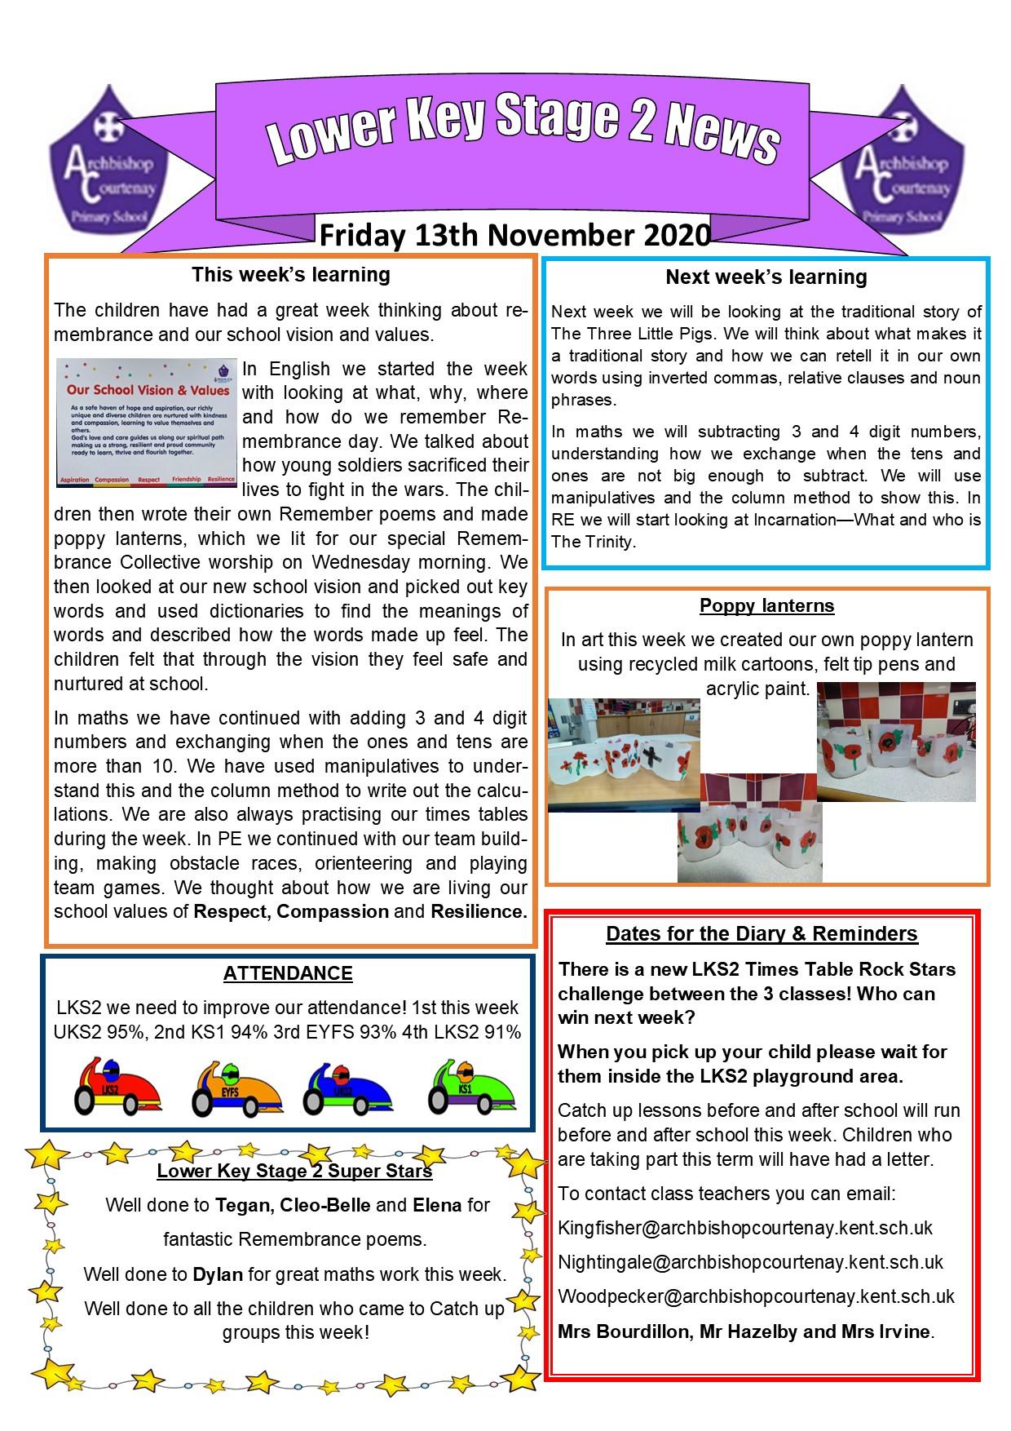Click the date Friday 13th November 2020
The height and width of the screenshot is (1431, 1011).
[514, 235]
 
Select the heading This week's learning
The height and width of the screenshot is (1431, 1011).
[291, 275]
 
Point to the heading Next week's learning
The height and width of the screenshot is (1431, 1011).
[766, 277]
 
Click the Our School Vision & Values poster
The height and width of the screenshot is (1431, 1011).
[145, 423]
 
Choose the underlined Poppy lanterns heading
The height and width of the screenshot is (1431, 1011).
[766, 606]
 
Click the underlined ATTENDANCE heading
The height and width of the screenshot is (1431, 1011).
[288, 973]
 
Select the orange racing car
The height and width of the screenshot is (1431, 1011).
[236, 1087]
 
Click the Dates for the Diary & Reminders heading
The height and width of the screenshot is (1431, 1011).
[762, 934]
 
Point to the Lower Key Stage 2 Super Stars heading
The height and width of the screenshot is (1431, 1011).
[294, 1172]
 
